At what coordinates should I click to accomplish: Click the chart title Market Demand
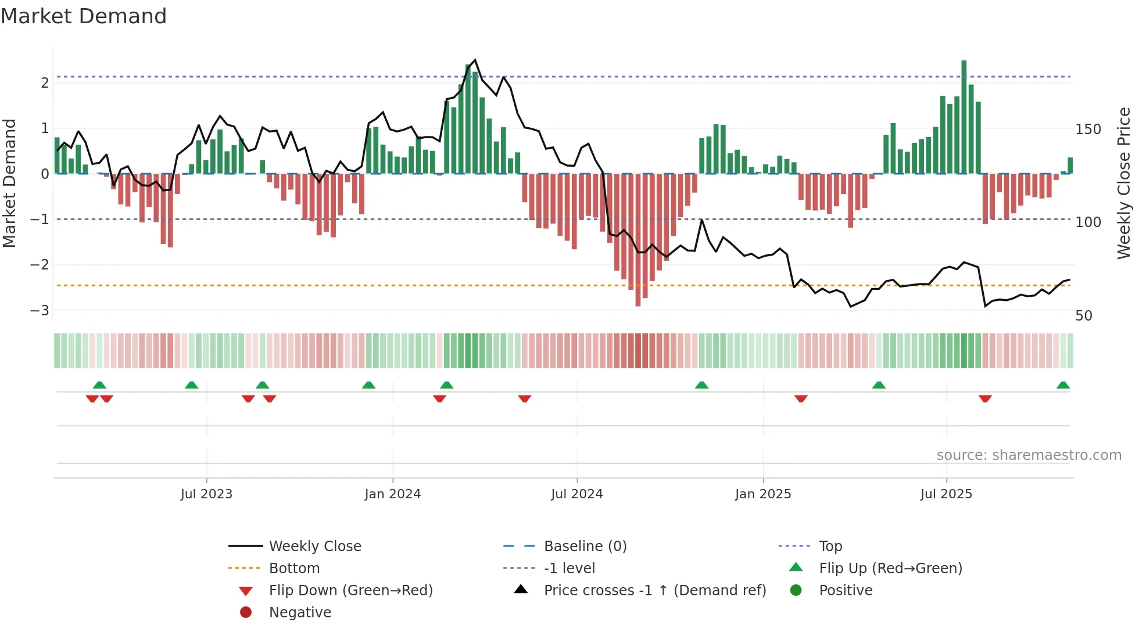pos(84,16)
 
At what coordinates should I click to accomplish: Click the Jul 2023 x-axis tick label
pos(206,494)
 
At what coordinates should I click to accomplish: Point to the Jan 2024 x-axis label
pos(392,494)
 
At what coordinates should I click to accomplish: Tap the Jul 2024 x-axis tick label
pos(576,494)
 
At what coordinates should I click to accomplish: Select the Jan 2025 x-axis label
pos(762,494)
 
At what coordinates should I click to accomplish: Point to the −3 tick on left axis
pos(40,310)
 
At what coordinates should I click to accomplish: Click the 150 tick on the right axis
pos(1088,130)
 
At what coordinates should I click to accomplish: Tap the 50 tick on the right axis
pos(1084,316)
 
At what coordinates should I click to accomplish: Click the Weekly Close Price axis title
pos(1124,183)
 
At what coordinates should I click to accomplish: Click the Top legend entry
pos(830,546)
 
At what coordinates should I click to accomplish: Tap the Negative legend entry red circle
pos(246,613)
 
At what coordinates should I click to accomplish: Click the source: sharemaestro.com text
pos(1029,455)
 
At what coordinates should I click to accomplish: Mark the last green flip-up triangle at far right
pos(1063,385)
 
